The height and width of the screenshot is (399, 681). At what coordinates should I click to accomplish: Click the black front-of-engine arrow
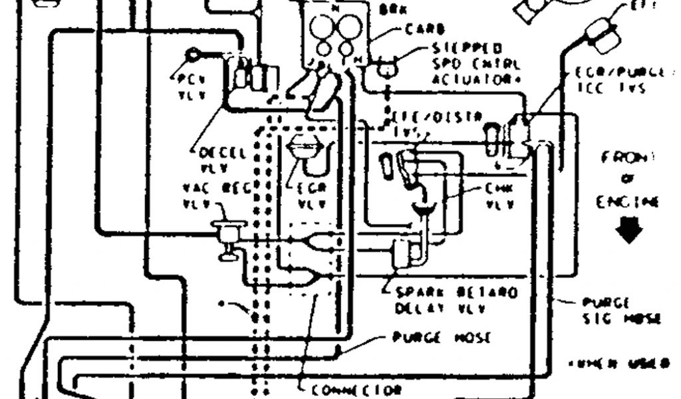point(629,230)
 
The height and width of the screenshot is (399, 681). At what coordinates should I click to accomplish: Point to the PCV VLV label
point(192,87)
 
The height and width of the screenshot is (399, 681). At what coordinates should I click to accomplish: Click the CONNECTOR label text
point(356,388)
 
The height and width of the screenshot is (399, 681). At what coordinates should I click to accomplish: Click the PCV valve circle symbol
point(193,53)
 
